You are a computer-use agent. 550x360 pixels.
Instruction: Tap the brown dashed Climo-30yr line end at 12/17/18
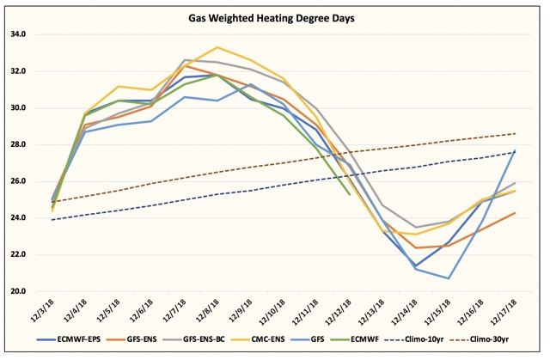(516, 133)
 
